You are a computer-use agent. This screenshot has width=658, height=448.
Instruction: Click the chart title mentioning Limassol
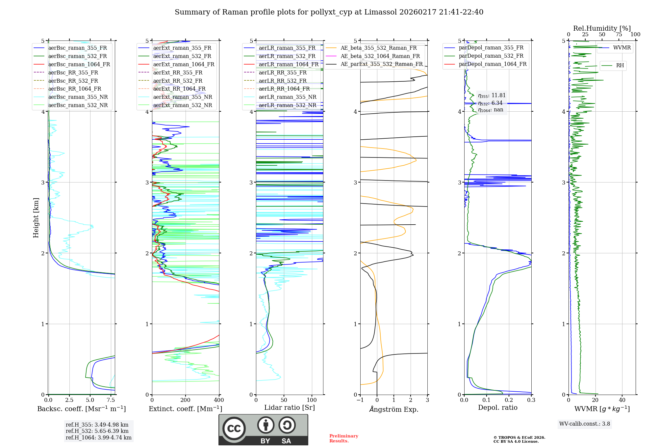[x=329, y=12]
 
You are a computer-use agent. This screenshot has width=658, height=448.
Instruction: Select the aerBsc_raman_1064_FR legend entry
[x=79, y=64]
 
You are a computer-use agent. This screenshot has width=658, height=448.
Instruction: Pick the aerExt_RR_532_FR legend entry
[x=178, y=81]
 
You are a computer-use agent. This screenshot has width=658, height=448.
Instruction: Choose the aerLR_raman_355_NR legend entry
[x=288, y=97]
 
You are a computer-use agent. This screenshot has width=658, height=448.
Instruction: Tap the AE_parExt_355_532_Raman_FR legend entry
[x=381, y=64]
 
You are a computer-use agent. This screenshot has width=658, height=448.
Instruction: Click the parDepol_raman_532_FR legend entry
[x=491, y=56]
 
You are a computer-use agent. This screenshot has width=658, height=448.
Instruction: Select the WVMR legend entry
[x=622, y=48]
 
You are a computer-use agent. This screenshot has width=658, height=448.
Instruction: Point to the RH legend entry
[x=620, y=66]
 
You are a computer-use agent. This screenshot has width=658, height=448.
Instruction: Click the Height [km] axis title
[x=36, y=218]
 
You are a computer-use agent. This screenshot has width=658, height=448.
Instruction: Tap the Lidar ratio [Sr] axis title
[x=290, y=407]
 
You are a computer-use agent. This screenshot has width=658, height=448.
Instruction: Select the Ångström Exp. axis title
[x=394, y=409]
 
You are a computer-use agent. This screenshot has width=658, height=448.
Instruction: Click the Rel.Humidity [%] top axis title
[x=602, y=28]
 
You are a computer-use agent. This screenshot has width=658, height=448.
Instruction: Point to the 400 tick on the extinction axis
[x=219, y=400]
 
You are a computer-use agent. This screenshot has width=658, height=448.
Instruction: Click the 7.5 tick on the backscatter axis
[x=111, y=400]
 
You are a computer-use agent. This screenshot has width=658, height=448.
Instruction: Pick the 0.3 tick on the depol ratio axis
[x=531, y=400]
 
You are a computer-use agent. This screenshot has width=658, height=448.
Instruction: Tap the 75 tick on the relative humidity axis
[x=619, y=35]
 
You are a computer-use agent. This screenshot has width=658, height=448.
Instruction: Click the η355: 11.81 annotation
[x=492, y=96]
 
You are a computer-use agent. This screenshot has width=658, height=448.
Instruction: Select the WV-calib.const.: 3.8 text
[x=585, y=424]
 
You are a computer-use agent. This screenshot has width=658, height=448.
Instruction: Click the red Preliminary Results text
[x=343, y=438]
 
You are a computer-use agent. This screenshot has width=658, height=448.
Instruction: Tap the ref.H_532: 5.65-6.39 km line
[x=97, y=431]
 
